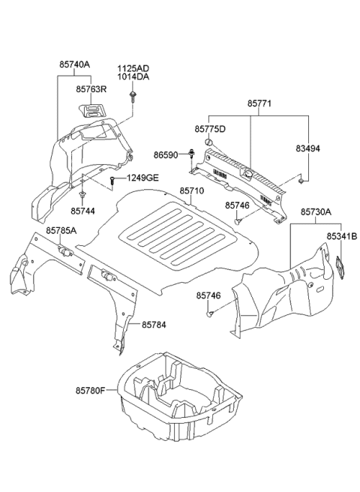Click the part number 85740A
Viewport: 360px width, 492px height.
click(74, 65)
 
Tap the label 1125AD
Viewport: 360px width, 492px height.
click(133, 67)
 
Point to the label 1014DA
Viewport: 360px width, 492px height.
click(133, 77)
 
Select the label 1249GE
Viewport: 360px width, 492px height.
click(142, 178)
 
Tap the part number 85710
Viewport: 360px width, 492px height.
click(191, 191)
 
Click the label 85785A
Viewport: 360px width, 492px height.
click(61, 231)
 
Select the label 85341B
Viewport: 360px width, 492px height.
click(341, 236)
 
